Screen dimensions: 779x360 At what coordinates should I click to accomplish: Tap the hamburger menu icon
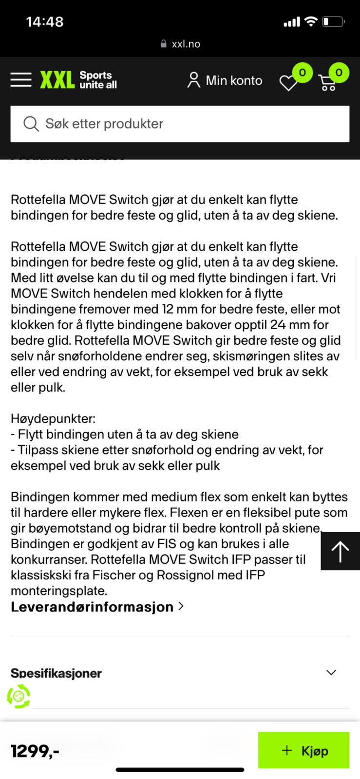21,80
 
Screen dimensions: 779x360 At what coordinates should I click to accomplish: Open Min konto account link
225,80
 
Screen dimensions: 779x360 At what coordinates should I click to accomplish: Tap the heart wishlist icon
288,83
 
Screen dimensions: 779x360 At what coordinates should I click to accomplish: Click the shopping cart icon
328,83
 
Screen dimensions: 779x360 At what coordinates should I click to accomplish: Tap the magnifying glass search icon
31,124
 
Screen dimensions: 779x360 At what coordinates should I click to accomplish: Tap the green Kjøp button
303,750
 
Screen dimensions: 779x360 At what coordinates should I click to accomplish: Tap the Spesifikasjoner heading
56,673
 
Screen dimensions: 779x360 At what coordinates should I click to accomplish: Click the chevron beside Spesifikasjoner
331,672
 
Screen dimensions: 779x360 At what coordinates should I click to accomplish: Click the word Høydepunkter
53,419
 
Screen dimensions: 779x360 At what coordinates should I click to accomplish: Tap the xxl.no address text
186,44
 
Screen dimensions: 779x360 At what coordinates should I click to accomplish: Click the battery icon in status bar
334,22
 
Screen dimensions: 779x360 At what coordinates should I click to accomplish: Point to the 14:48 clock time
44,22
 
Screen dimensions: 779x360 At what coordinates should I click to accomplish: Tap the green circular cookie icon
19,696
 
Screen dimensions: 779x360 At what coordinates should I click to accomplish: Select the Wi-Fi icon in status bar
310,21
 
